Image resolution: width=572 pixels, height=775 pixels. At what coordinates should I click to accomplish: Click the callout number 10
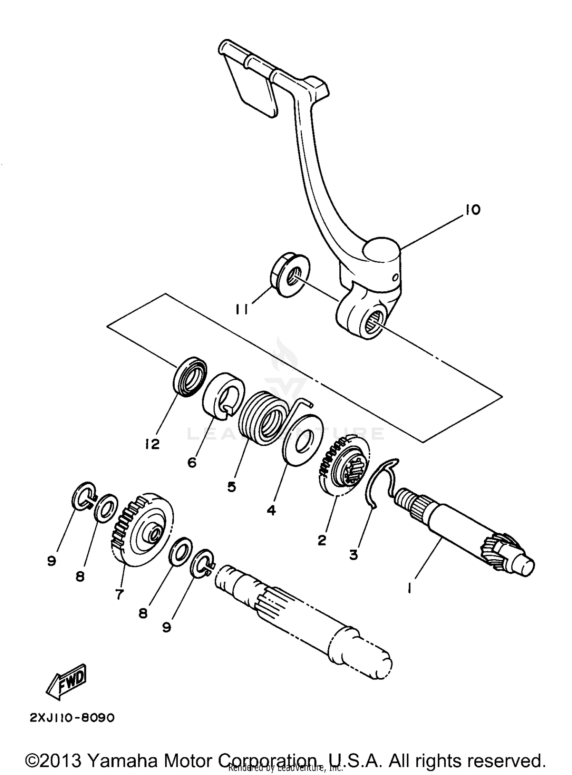[472, 210]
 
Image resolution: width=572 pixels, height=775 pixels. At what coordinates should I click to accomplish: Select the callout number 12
[152, 444]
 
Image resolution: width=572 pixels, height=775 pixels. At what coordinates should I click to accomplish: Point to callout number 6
[192, 462]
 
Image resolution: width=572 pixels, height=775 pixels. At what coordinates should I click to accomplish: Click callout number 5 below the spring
[231, 487]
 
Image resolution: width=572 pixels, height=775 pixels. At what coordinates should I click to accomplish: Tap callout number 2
[322, 540]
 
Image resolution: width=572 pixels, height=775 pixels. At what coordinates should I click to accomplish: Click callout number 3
[353, 554]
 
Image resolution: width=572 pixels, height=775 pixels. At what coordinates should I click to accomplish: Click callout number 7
[119, 594]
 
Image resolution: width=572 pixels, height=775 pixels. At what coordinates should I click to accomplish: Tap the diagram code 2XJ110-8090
[72, 718]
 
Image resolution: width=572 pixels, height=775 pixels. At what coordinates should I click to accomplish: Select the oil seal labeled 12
[190, 377]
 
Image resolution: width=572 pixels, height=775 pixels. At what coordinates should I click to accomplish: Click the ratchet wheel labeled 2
[343, 468]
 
